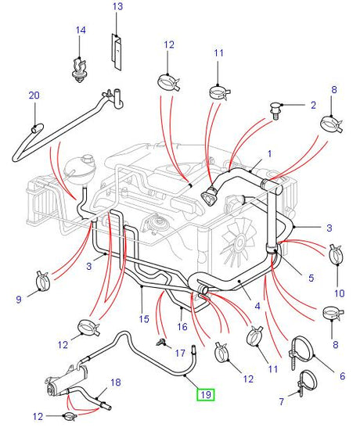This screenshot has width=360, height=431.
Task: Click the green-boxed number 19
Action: pos(206,394)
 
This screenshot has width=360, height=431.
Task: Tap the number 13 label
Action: pos(117,7)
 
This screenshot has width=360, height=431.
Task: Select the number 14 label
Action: pos(81,31)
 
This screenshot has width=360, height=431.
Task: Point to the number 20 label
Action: pos(34,95)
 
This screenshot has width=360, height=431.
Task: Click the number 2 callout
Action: pos(313,104)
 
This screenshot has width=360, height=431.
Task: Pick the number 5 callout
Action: pos(310,277)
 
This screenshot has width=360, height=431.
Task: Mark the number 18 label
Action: pos(116,383)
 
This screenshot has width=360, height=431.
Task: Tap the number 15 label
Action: pos(142,319)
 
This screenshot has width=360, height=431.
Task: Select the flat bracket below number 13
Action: pos(117,50)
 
